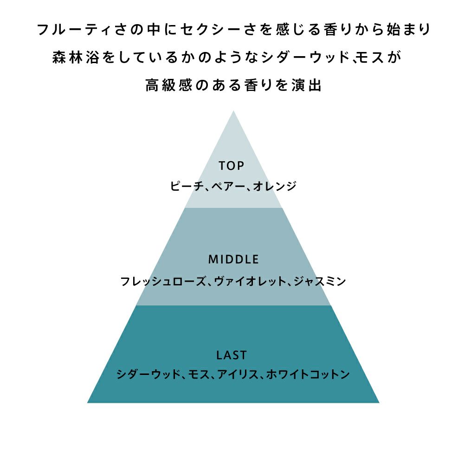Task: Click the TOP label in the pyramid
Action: (232, 166)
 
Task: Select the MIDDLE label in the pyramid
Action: (233, 259)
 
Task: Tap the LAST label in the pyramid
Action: (232, 355)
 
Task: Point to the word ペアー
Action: (228, 186)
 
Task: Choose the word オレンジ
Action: (275, 186)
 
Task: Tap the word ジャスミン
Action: (320, 281)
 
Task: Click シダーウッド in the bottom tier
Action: (148, 374)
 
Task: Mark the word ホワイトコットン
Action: (308, 374)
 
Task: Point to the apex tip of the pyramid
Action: (233, 111)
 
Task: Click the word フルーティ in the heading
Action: (74, 30)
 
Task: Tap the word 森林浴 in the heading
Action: (76, 58)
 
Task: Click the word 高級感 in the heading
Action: (169, 85)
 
